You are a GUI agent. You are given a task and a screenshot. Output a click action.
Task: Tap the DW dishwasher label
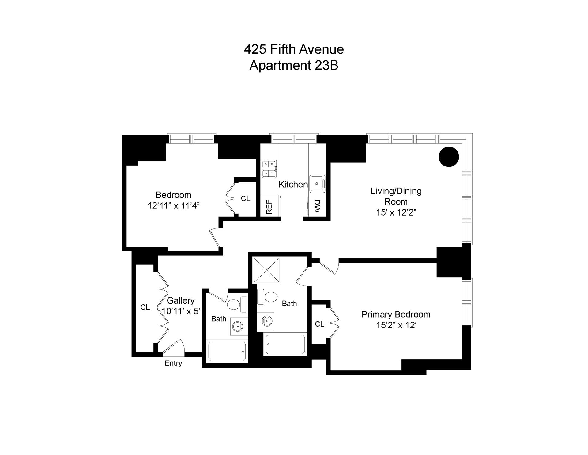[x=317, y=207]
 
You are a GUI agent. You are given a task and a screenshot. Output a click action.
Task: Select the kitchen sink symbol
[x=317, y=184]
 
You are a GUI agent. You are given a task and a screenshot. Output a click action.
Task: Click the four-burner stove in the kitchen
[x=269, y=169]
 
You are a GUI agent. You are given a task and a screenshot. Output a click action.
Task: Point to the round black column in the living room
[x=449, y=157]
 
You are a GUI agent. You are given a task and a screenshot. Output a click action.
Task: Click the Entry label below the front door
[x=173, y=363]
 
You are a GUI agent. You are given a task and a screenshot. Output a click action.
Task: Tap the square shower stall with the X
[x=267, y=270]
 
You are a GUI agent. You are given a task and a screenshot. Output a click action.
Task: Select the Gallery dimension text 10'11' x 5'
[x=181, y=312]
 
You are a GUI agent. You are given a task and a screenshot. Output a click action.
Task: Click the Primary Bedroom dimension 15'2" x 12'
[x=396, y=325]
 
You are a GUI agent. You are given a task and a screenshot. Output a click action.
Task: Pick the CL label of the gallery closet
[x=145, y=307]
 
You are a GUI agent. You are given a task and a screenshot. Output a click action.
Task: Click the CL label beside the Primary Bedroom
[x=319, y=324]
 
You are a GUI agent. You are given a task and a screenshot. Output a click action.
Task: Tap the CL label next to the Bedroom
[x=245, y=199]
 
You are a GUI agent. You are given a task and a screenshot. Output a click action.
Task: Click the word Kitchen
[x=293, y=184]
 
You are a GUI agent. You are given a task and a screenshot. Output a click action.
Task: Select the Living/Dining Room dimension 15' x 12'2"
[x=396, y=212]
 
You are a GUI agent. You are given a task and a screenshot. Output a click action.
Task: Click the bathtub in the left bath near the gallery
[x=227, y=351]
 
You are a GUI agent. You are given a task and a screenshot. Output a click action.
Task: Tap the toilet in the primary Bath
[x=270, y=296]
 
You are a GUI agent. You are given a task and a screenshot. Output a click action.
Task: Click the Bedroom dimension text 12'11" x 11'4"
[x=173, y=206]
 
